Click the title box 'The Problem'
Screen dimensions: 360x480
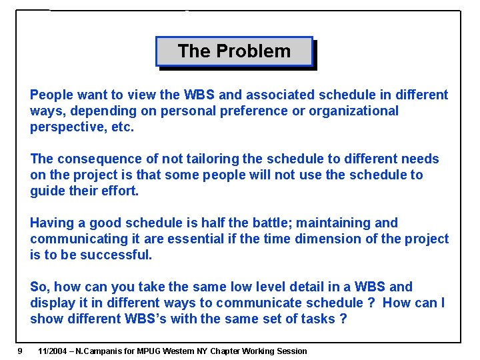coord(234,51)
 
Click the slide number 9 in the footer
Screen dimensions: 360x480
coord(21,351)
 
